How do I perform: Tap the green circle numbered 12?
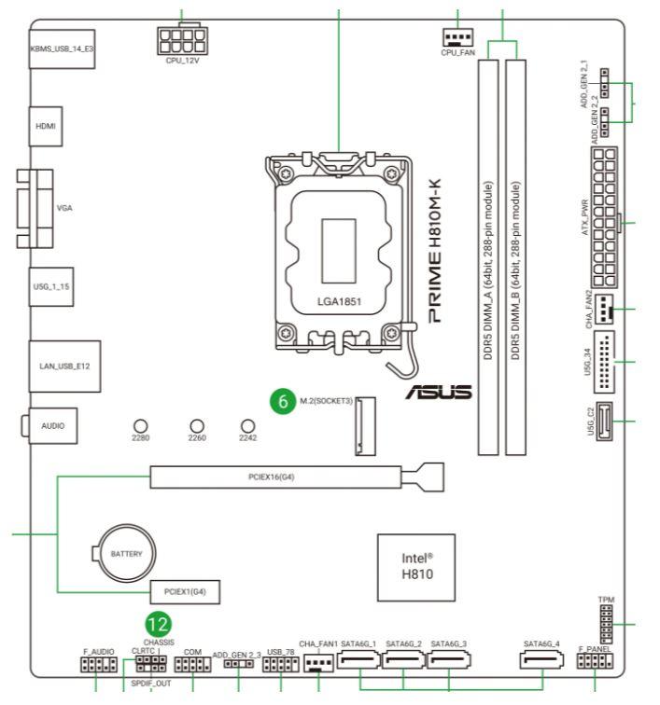[x=161, y=624]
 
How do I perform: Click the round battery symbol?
[x=126, y=553]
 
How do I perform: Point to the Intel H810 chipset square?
[x=416, y=565]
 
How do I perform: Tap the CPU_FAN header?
[x=457, y=37]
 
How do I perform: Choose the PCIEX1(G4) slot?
[x=186, y=591]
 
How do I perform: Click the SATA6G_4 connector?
[x=542, y=663]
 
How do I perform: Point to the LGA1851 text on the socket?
[x=339, y=303]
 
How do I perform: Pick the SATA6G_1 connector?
[x=358, y=663]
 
